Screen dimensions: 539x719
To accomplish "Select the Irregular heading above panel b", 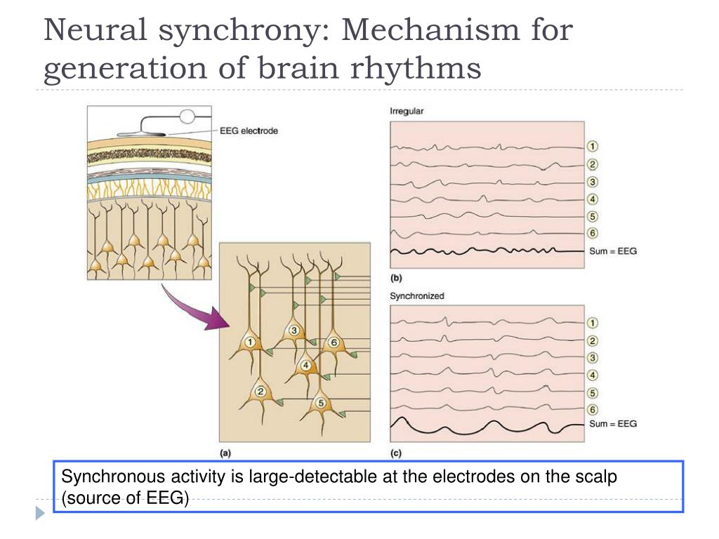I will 407,112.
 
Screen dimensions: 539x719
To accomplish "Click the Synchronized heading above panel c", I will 416,296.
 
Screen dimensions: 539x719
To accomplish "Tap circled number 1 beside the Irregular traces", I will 592,147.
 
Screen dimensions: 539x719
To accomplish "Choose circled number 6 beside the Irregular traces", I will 592,233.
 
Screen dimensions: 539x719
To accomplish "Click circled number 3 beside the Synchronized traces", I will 592,358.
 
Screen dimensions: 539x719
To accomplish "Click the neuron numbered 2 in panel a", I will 260,392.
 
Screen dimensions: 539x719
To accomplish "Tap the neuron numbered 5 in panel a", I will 321,403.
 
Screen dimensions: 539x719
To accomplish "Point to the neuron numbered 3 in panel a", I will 294,331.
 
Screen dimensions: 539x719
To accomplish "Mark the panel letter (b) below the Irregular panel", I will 395,277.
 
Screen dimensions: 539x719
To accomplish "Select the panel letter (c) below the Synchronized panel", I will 395,453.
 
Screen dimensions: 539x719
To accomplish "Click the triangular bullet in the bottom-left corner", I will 40,514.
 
